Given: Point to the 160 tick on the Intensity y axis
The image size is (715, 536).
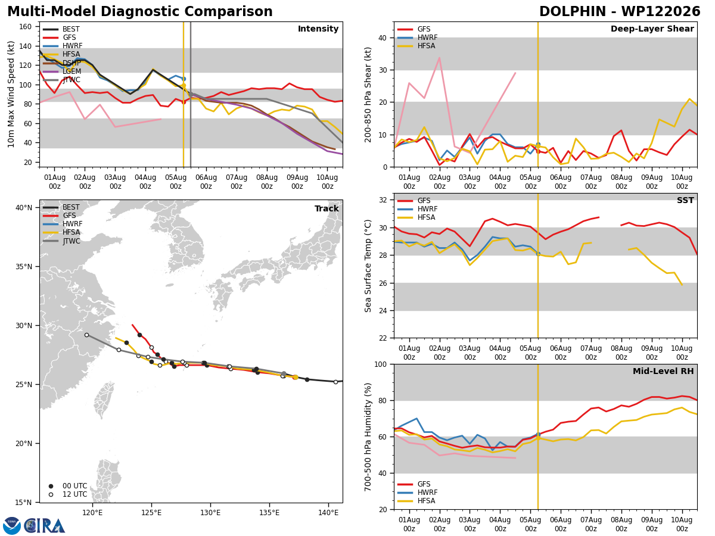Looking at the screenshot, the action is [x=25, y=27].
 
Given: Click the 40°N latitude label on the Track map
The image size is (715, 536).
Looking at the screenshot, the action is [x=24, y=208].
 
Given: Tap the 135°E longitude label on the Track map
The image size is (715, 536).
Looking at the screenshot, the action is [x=269, y=513].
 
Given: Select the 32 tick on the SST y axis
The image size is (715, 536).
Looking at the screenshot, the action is [x=383, y=200].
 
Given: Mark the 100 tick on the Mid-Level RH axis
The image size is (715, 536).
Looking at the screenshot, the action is [x=381, y=364].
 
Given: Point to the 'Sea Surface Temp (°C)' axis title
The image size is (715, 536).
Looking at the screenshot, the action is [x=368, y=266].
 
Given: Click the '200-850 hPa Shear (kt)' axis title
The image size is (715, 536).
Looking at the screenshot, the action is [x=368, y=95].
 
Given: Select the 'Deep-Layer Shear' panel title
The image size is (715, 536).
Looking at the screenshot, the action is [x=652, y=29].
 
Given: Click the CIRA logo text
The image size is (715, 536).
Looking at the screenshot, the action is [x=45, y=526].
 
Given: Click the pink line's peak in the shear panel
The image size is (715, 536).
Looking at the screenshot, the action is [x=439, y=58].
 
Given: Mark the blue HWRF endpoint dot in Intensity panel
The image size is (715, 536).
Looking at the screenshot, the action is [x=184, y=79].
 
